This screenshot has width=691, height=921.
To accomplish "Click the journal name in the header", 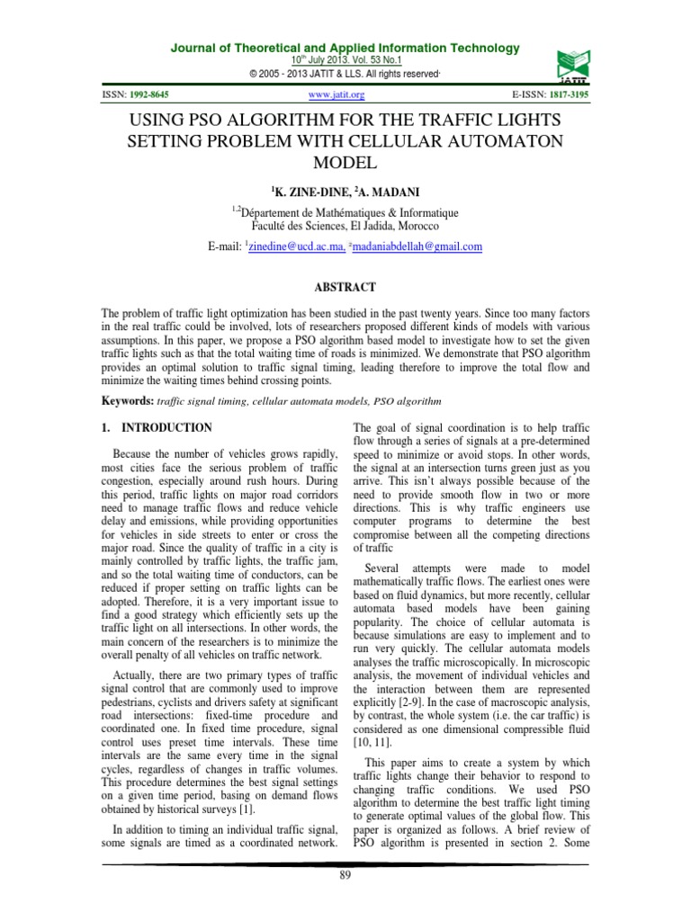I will tap(345, 48).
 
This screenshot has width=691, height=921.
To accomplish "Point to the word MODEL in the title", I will tap(345, 163).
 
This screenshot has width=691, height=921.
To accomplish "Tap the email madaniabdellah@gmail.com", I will tap(406, 246).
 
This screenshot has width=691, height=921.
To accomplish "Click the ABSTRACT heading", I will tap(345, 287).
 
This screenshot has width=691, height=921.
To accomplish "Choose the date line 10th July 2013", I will tap(345, 59).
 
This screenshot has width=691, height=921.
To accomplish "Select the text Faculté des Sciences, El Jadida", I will tap(345, 226).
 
